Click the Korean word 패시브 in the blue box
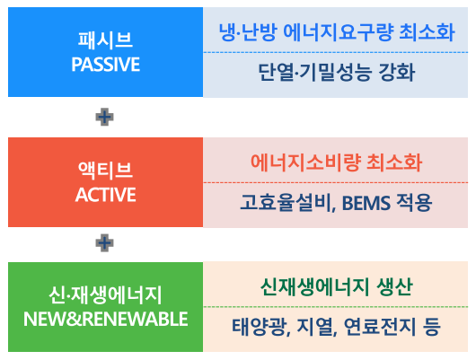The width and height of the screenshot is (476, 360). coord(106,40)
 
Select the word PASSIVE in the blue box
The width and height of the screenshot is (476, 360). coord(106,65)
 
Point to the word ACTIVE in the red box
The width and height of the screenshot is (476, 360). coord(106,194)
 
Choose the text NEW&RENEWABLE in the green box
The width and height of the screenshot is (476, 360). coord(106,319)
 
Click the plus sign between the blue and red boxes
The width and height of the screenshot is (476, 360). coord(105,117)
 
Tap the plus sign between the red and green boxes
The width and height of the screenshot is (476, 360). coord(105,241)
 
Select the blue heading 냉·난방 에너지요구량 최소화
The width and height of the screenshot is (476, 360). coord(336,33)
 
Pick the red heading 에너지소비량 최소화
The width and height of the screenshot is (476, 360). coord(336,162)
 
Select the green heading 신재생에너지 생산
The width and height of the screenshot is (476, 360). coord(336,287)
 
